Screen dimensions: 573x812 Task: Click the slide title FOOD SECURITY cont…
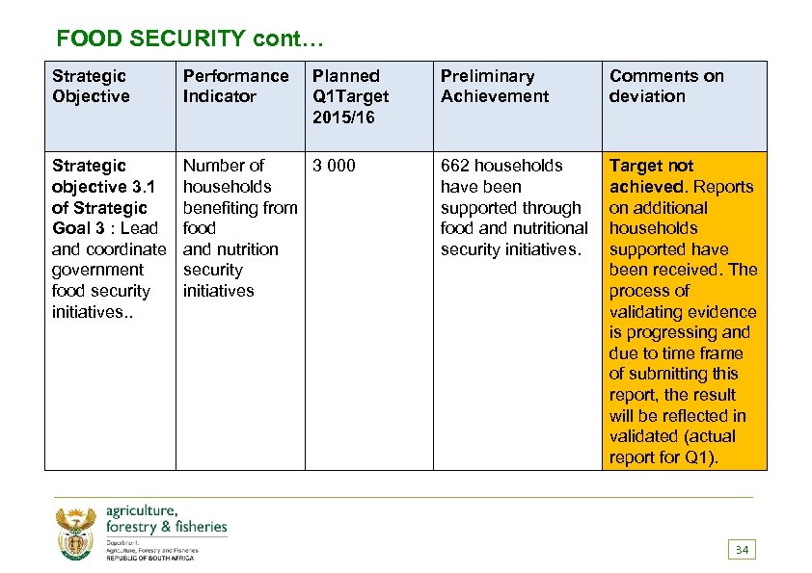tap(191, 39)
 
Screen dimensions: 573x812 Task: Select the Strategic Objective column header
tap(91, 86)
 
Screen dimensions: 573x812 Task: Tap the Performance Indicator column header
tap(235, 86)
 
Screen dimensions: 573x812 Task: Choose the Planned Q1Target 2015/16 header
tap(351, 96)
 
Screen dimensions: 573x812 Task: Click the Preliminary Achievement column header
tap(495, 86)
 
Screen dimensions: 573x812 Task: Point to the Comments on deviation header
tap(666, 86)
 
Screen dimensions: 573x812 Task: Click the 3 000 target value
tap(334, 166)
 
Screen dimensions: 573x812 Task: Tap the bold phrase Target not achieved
tap(652, 175)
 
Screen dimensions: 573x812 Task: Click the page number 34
tap(742, 550)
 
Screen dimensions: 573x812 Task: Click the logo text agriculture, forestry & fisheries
tap(166, 518)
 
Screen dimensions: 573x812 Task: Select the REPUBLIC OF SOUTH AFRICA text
tap(149, 559)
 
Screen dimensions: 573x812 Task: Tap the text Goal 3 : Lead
tap(104, 228)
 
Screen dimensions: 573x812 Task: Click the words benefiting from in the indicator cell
tap(240, 207)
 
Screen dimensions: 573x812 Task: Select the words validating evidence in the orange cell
tap(683, 311)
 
